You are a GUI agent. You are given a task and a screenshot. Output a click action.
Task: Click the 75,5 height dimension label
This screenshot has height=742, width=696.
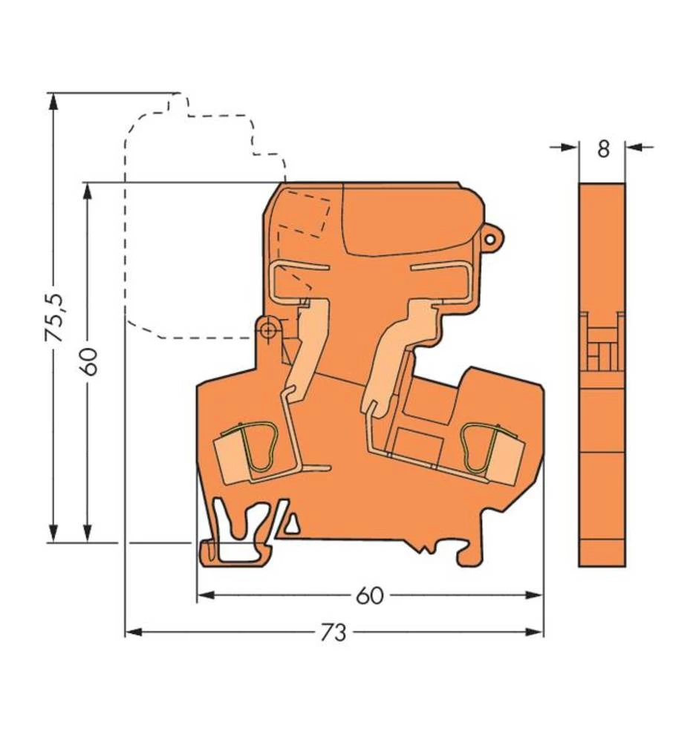pos(54,317)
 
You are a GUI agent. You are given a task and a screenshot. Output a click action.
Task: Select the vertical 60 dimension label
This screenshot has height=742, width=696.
pos(89,361)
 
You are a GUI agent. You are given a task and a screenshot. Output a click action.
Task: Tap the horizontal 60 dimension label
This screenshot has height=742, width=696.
pos(369,596)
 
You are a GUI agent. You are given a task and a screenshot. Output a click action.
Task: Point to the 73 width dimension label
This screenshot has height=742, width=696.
pos(334,633)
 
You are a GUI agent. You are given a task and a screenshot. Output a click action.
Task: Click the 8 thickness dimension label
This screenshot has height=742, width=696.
pos(602,148)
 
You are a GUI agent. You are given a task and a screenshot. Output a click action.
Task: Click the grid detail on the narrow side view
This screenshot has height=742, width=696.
pos(602,342)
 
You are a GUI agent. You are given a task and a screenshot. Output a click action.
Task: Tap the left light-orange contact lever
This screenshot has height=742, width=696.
pos(307,345)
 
